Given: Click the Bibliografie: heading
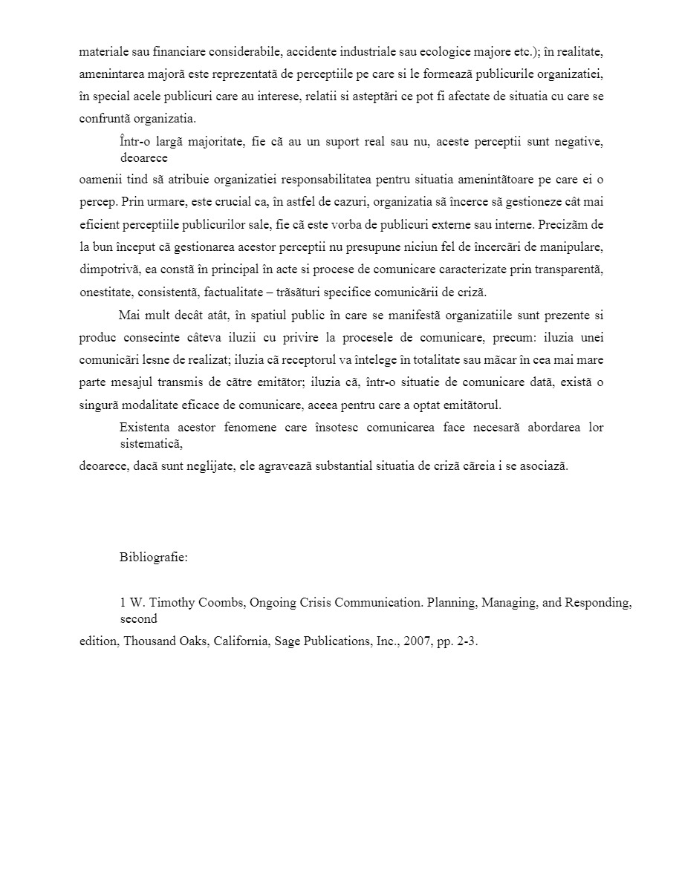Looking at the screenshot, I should coord(153,558).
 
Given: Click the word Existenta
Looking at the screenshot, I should coord(143,428).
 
